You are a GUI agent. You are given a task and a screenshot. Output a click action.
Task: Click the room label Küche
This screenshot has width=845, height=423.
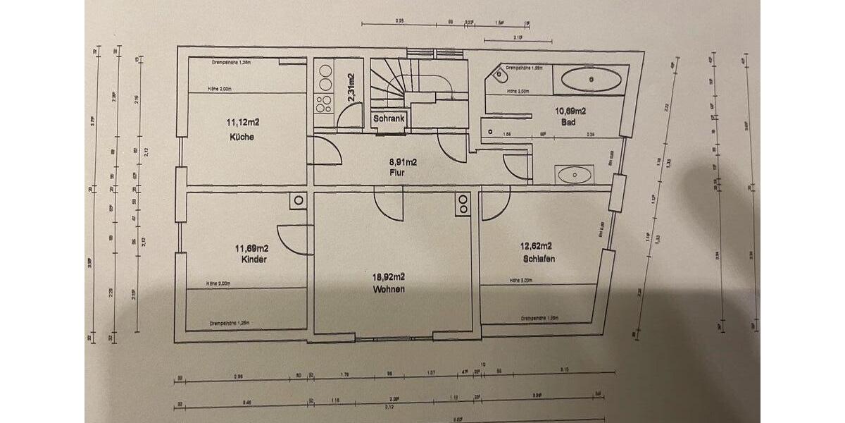[x=242, y=137]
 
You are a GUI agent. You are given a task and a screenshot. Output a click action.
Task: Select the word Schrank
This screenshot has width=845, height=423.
[x=389, y=119]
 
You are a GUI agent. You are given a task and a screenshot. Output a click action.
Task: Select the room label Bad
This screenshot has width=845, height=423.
[x=569, y=123]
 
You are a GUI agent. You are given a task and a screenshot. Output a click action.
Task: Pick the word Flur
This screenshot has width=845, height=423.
[x=398, y=171]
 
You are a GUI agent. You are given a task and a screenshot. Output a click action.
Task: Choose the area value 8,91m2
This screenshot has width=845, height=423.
[x=403, y=161]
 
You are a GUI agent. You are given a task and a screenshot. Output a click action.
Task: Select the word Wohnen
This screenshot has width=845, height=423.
[x=389, y=288]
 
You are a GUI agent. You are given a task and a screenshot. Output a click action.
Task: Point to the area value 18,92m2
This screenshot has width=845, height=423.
[x=389, y=276]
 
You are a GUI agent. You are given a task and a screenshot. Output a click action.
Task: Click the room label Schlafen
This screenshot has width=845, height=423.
[x=539, y=259]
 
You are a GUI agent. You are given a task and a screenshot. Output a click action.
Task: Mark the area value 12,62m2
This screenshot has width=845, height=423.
[x=537, y=247]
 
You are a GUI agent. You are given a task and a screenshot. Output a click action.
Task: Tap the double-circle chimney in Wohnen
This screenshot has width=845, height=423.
[x=463, y=203]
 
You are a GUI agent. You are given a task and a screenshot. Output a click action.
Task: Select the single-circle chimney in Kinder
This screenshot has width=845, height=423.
[x=298, y=201]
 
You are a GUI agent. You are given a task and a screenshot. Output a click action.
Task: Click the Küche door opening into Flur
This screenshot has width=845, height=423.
[x=320, y=151]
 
